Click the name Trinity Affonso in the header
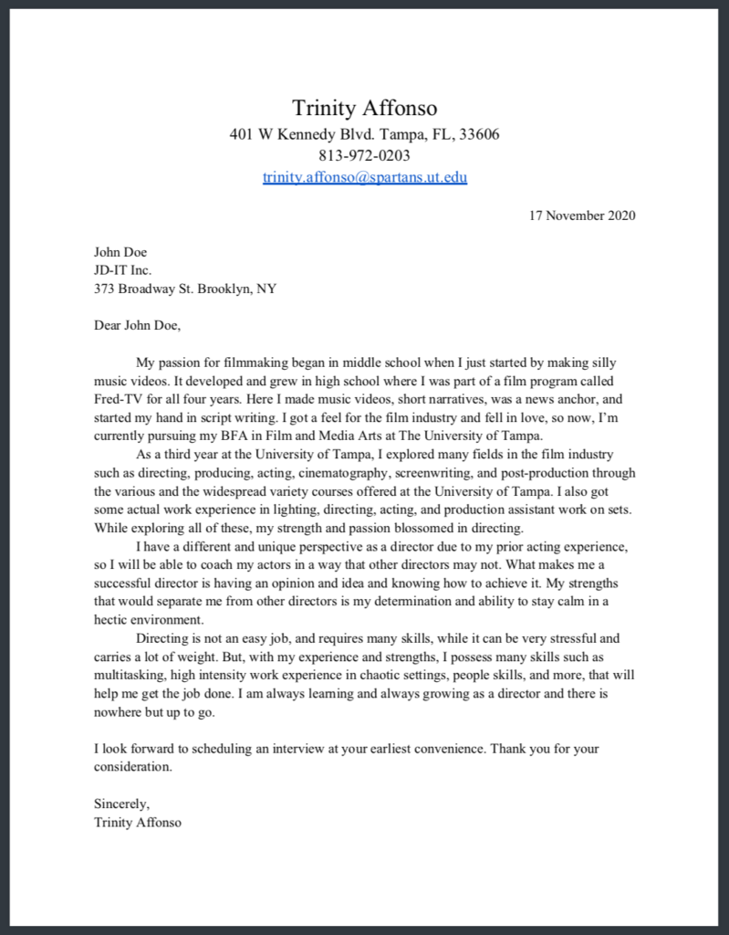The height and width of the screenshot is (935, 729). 364,108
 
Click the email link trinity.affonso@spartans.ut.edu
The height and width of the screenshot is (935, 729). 364,177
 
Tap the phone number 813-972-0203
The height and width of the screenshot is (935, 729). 364,156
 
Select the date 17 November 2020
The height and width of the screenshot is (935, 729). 582,215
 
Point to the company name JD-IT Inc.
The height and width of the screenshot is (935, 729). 122,270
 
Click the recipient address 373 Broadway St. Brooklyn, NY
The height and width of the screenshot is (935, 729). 185,289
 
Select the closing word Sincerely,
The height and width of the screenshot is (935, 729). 121,804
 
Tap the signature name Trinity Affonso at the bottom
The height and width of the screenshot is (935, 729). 138,822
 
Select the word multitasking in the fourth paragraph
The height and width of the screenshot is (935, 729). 132,675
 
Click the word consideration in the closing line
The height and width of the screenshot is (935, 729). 133,767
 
